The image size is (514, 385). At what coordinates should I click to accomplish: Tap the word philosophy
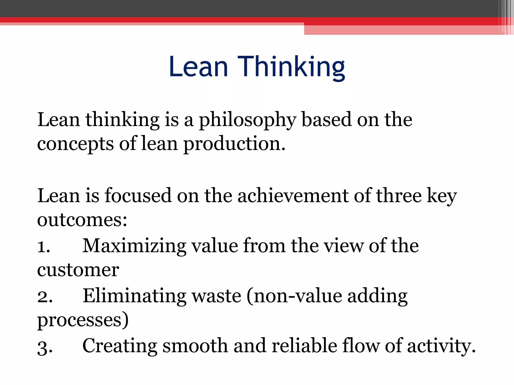coord(247,120)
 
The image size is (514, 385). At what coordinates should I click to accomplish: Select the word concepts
coord(75,144)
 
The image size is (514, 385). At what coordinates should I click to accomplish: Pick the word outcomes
coord(82,220)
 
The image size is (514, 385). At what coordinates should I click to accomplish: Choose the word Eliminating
coord(134,296)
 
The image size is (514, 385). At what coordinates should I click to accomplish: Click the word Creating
coord(119,346)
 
